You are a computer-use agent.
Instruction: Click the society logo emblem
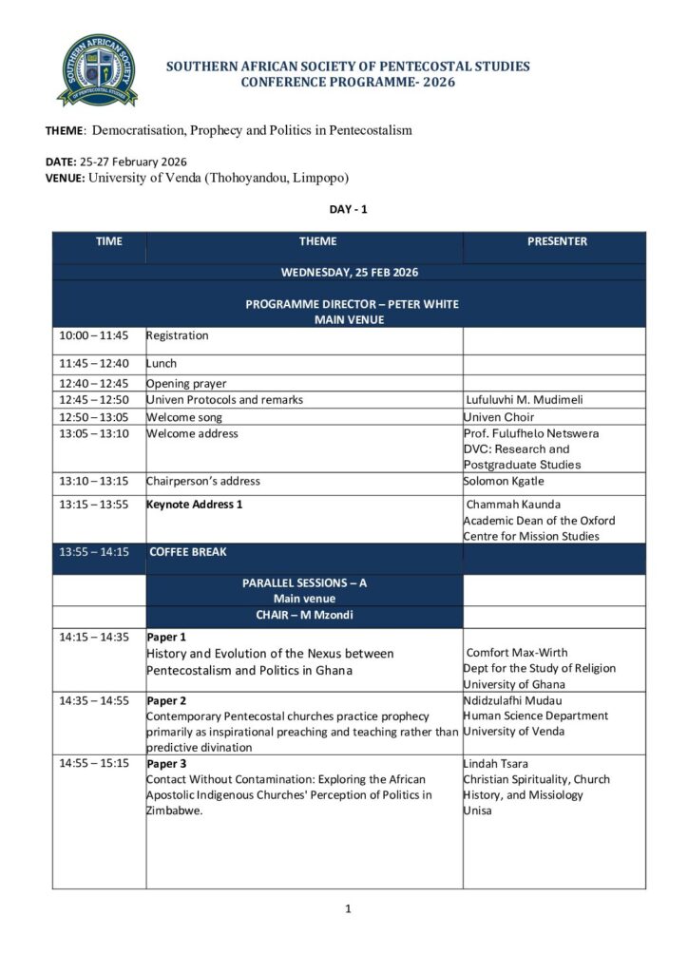[x=97, y=70]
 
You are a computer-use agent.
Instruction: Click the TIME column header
[x=109, y=241]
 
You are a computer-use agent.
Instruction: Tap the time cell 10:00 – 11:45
[x=93, y=335]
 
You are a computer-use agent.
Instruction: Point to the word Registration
[x=177, y=335]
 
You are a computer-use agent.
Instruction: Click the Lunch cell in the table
[x=162, y=363]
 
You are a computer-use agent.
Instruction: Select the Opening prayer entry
[x=186, y=384]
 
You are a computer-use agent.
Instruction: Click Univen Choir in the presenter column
[x=499, y=417]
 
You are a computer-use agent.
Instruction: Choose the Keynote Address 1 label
[x=195, y=504]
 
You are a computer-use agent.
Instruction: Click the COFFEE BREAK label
[x=188, y=551]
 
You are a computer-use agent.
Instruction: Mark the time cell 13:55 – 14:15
[x=93, y=551]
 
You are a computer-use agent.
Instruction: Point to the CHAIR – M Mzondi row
[x=304, y=614]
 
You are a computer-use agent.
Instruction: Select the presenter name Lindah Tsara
[x=495, y=763]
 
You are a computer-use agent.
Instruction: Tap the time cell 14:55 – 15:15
[x=93, y=763]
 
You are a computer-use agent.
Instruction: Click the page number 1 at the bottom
[x=348, y=909]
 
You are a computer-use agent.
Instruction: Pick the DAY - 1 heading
[x=348, y=209]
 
